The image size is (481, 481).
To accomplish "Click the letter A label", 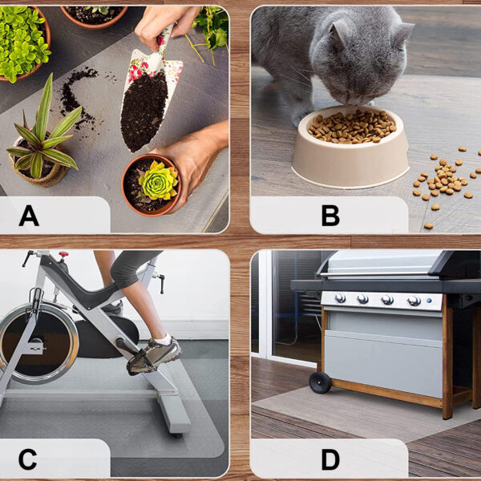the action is point(29,216).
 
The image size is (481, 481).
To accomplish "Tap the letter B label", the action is point(330,216).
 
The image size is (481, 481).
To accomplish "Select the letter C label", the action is point(27,459).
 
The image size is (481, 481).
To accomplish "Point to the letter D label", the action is point(330,459).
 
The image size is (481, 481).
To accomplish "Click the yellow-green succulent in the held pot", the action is point(159,180).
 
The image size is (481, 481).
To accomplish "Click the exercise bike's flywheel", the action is point(39,344).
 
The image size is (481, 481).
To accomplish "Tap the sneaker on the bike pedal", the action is point(154,356).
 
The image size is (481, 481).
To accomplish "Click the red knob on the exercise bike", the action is point(63,254).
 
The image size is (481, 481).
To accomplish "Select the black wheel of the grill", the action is point(320,382).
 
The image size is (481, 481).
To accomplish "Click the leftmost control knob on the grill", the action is point(340,298).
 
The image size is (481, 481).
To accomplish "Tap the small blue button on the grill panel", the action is point(429,301).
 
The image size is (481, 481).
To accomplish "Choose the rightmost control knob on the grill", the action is point(414,301).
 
